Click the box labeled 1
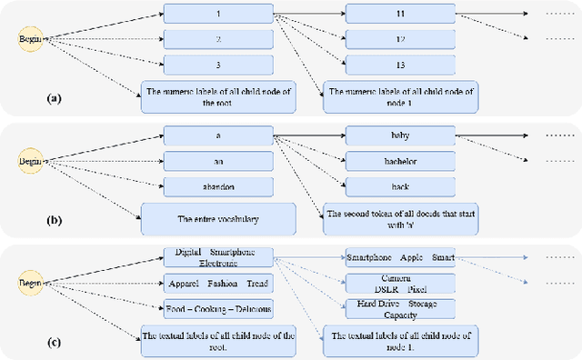218,15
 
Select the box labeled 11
400,15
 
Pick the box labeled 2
218,40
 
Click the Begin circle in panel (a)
30,39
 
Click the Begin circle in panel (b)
30,162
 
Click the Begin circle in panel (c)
30,284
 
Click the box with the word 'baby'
400,136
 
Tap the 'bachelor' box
400,161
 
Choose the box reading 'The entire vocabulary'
218,219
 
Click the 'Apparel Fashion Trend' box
218,283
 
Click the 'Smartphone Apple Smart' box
400,257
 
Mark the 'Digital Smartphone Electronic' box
218,257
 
